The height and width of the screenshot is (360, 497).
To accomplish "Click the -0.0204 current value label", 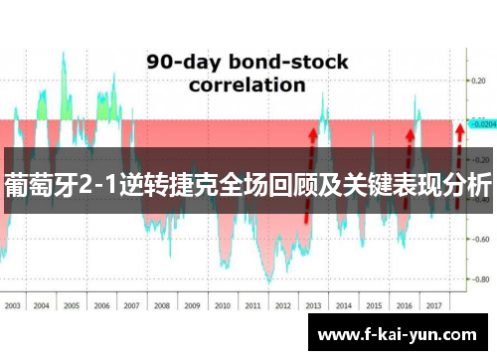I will pyautogui.click(x=482, y=125).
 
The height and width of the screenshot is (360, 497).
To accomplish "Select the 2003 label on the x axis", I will pyautogui.click(x=13, y=307).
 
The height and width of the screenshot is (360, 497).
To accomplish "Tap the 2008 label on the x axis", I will pyautogui.click(x=162, y=307).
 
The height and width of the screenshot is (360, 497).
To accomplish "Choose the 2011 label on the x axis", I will pyautogui.click(x=252, y=307).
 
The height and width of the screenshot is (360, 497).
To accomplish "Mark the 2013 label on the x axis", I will pyautogui.click(x=313, y=307).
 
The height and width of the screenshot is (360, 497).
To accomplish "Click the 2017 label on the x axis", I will pyautogui.click(x=433, y=307).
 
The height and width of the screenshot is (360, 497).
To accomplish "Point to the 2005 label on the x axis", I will pyautogui.click(x=72, y=307).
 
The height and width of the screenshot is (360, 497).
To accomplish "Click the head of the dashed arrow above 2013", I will pyautogui.click(x=313, y=130).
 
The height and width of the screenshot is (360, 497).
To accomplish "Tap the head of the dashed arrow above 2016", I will pyautogui.click(x=409, y=131).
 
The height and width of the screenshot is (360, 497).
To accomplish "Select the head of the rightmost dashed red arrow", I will pyautogui.click(x=458, y=128).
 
